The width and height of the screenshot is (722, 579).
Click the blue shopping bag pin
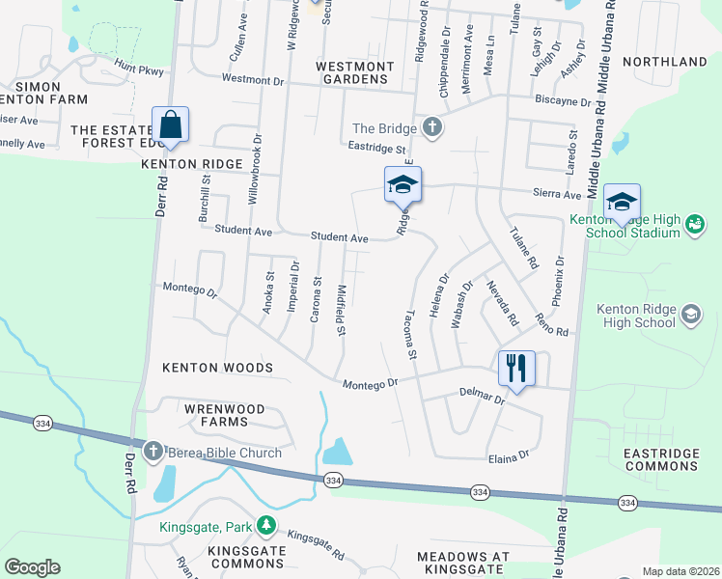tap(170, 126)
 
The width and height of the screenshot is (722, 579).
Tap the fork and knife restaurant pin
tap(515, 369)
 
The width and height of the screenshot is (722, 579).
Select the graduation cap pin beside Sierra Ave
tap(403, 186)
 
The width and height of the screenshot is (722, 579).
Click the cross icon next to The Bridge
tap(432, 128)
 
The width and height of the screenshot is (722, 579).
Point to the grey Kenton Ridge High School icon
tap(690, 315)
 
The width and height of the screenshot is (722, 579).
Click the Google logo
tap(32, 566)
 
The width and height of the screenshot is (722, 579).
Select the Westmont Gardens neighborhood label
tap(355, 72)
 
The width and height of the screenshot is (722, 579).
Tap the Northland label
tap(665, 62)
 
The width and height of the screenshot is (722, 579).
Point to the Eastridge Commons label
tap(660, 459)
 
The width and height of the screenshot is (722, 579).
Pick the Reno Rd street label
tap(552, 324)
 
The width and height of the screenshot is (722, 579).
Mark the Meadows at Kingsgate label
tap(462, 564)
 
